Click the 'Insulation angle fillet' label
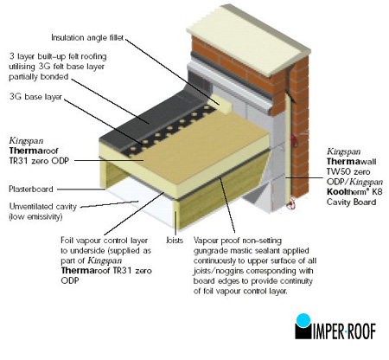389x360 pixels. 87,37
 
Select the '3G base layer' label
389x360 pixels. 35,96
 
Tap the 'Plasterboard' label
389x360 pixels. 31,190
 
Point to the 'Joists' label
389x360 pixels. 175,240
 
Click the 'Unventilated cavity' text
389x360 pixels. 43,207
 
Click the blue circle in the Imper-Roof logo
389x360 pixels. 303,320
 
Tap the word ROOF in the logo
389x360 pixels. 361,331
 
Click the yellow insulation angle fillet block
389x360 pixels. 222,104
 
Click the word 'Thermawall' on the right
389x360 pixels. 351,162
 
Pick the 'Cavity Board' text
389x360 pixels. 351,202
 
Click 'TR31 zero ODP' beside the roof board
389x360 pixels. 39,161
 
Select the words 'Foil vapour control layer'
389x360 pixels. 104,241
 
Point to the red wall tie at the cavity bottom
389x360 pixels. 291,202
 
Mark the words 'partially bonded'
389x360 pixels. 39,77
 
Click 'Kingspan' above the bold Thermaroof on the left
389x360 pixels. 26,141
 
